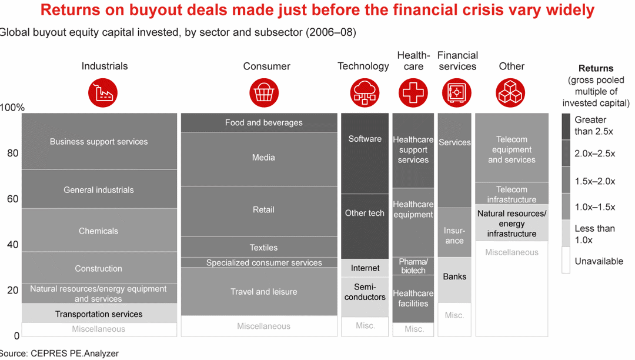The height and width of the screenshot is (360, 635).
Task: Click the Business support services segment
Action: tap(99, 141)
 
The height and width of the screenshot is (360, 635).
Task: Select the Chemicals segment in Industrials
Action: tap(99, 231)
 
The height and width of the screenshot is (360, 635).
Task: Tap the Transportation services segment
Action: tap(99, 314)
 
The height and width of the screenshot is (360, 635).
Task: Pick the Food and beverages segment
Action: tap(263, 122)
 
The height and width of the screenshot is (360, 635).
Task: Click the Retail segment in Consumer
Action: tap(263, 210)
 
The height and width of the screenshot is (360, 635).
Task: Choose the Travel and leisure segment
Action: tap(263, 292)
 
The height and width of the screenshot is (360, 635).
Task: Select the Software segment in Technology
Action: tap(365, 139)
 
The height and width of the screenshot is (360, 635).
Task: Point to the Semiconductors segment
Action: tap(365, 292)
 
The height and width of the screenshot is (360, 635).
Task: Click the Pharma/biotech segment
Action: tap(413, 266)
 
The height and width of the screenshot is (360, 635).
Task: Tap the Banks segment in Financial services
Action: tap(454, 276)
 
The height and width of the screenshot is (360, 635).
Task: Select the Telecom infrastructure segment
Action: tap(512, 194)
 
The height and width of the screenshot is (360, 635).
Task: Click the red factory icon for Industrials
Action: tap(103, 93)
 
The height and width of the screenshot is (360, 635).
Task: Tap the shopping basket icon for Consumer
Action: tap(264, 93)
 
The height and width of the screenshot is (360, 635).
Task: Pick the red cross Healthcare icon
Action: tap(413, 93)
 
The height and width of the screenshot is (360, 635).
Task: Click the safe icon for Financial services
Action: tap(456, 93)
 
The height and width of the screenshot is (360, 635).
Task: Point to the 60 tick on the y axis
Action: tap(12, 199)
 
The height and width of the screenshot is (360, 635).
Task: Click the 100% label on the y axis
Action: tap(12, 108)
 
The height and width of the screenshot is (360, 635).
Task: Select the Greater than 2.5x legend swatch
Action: tap(566, 126)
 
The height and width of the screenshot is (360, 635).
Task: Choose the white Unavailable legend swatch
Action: tap(566, 260)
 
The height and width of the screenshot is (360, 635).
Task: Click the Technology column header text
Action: tap(363, 66)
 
